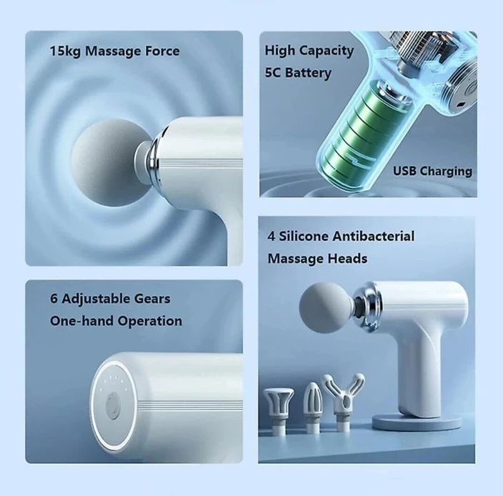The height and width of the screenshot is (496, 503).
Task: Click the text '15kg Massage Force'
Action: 114,51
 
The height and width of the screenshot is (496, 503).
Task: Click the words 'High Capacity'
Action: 309,51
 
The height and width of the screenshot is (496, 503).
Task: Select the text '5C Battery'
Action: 297,73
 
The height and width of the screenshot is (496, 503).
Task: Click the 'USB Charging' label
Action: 432,171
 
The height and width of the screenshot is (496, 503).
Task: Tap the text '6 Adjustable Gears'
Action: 110,299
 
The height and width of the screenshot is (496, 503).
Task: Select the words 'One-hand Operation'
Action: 116,321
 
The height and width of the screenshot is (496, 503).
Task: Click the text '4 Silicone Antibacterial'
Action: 341,236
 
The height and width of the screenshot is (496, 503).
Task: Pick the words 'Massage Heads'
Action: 317,257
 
